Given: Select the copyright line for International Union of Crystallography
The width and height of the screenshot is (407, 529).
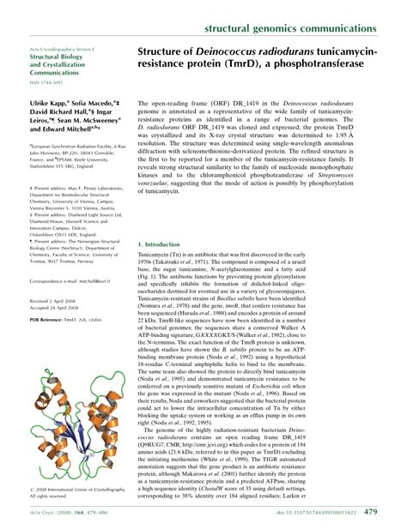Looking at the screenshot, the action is (x=75, y=489).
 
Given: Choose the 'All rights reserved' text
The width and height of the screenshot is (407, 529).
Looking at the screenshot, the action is (x=53, y=496).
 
